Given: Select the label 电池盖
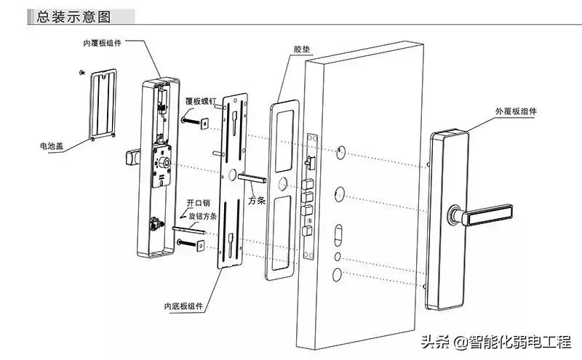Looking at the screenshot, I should tap(52, 146).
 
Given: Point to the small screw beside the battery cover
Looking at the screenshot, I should tap(81, 72).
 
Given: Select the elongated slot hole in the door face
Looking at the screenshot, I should tap(338, 236).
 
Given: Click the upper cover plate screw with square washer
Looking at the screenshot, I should tap(193, 122).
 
